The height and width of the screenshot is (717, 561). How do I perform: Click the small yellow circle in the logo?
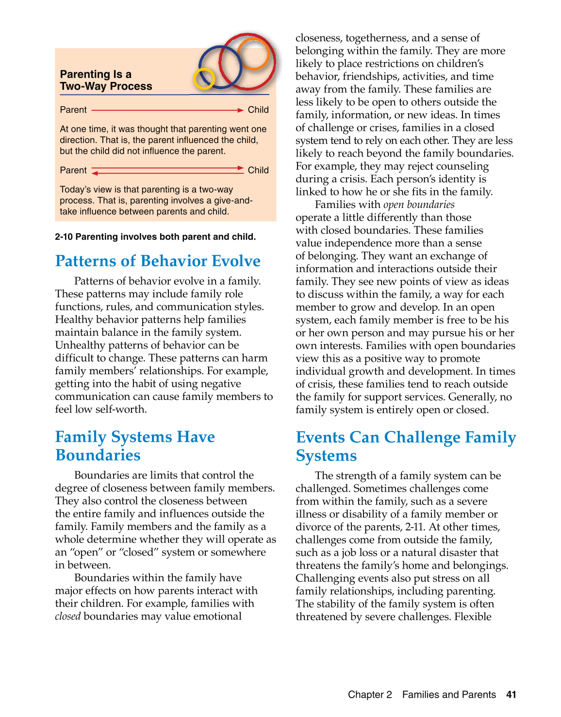(204, 79)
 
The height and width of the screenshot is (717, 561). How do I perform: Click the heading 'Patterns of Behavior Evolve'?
(158, 261)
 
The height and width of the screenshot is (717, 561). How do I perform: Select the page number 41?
(511, 694)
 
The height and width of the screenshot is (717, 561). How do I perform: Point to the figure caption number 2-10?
(64, 237)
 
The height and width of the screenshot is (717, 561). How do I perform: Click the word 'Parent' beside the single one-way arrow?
(73, 110)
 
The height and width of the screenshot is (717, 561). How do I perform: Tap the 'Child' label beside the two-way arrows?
(258, 170)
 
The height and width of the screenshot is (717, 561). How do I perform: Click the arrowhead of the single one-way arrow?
(240, 111)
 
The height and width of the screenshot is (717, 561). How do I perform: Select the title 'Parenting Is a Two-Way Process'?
(106, 80)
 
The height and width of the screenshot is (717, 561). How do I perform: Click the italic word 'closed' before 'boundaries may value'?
(67, 616)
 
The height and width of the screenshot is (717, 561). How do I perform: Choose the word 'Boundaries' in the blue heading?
(98, 455)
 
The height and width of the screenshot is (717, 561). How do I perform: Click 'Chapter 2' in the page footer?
(370, 694)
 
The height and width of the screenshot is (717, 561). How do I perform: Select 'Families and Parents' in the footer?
(449, 694)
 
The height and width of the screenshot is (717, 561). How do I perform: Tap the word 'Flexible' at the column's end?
(473, 617)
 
